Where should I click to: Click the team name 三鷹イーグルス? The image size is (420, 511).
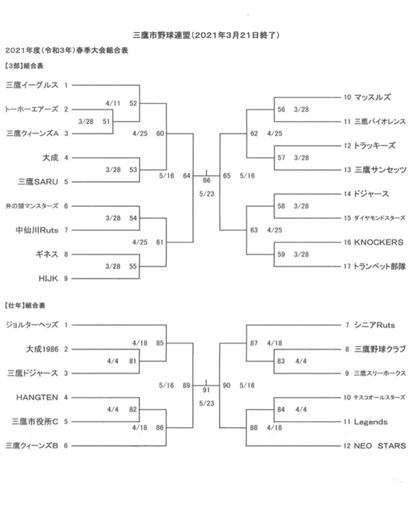click(32, 85)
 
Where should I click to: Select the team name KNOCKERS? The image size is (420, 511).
click(378, 242)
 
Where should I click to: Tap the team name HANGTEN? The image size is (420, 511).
click(37, 397)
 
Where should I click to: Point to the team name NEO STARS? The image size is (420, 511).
click(380, 446)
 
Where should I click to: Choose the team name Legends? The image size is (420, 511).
click(371, 422)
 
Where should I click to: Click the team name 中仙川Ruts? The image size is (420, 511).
click(37, 230)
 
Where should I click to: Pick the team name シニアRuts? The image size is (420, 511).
click(374, 325)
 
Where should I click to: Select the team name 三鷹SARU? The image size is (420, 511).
click(38, 182)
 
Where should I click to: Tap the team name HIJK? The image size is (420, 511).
click(48, 278)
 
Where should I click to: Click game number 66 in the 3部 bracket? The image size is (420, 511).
click(206, 180)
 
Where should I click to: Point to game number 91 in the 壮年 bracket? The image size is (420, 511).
click(206, 390)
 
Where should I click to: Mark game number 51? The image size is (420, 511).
click(106, 121)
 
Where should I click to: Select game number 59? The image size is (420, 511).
click(281, 254)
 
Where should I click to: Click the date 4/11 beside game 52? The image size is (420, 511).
click(113, 103)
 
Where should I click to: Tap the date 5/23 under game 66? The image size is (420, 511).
click(206, 194)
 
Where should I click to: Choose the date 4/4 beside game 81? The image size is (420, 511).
click(113, 361)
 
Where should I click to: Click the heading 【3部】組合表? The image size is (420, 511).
click(24, 66)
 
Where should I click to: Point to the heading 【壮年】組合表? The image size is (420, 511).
click(25, 305)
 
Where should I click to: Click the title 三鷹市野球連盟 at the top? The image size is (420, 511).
click(161, 35)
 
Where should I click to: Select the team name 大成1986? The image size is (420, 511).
click(42, 349)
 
